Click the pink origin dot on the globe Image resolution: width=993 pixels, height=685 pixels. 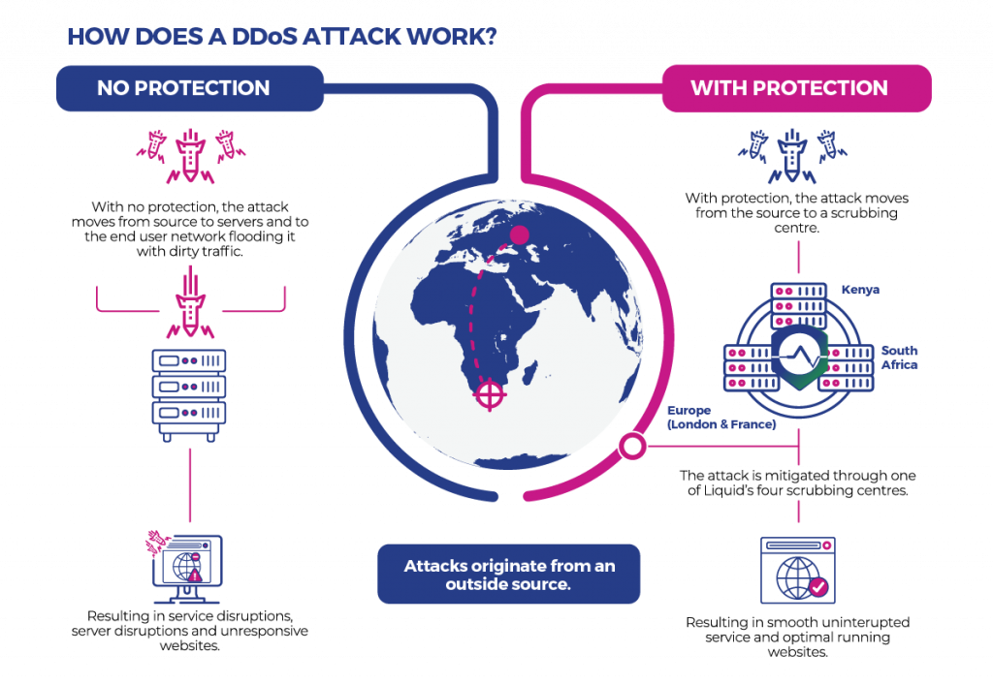[x=520, y=234]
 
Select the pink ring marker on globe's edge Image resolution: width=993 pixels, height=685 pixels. [x=633, y=447]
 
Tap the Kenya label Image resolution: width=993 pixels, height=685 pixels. [x=860, y=290]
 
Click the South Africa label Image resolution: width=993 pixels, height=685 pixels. [x=899, y=358]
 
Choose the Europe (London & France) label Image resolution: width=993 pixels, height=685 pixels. [x=721, y=418]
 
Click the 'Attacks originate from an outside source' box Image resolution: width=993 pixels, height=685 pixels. [x=509, y=574]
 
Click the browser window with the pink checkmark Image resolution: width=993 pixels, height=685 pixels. [x=797, y=570]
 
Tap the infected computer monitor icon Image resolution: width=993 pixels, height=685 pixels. [x=186, y=568]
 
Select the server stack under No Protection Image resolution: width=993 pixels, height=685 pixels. [x=189, y=389]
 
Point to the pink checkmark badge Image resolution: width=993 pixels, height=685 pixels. [x=818, y=586]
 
